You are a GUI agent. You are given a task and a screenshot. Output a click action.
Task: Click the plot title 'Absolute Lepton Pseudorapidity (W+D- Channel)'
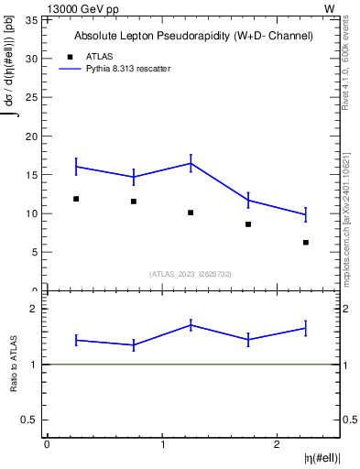[193, 36]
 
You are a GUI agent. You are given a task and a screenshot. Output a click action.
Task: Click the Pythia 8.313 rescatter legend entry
[127, 69]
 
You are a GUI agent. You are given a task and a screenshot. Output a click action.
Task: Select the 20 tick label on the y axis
[33, 136]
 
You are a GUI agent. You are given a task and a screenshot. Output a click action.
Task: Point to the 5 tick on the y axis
[36, 252]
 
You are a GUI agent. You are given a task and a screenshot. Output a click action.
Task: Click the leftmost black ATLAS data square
[76, 199]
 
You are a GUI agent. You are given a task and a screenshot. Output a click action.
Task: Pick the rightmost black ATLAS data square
[306, 243]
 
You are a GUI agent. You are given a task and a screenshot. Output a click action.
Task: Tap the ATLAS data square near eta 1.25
[191, 213]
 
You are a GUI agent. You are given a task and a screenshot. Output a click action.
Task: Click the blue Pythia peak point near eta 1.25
[191, 163]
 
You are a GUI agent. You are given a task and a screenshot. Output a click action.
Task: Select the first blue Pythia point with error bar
[76, 166]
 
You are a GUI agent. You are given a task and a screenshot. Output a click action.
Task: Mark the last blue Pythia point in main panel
[306, 214]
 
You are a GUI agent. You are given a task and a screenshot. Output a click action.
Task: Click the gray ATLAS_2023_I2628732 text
[191, 273]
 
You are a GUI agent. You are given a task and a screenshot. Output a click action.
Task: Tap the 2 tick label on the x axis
[278, 444]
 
